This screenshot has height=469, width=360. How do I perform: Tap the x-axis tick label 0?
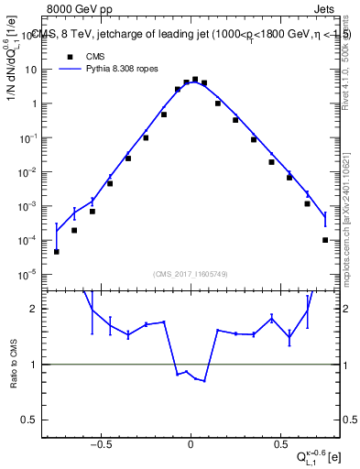[x=191, y=436]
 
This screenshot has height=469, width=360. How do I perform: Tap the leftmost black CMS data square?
[x=57, y=251]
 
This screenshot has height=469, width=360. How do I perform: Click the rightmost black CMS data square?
[x=325, y=240]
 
